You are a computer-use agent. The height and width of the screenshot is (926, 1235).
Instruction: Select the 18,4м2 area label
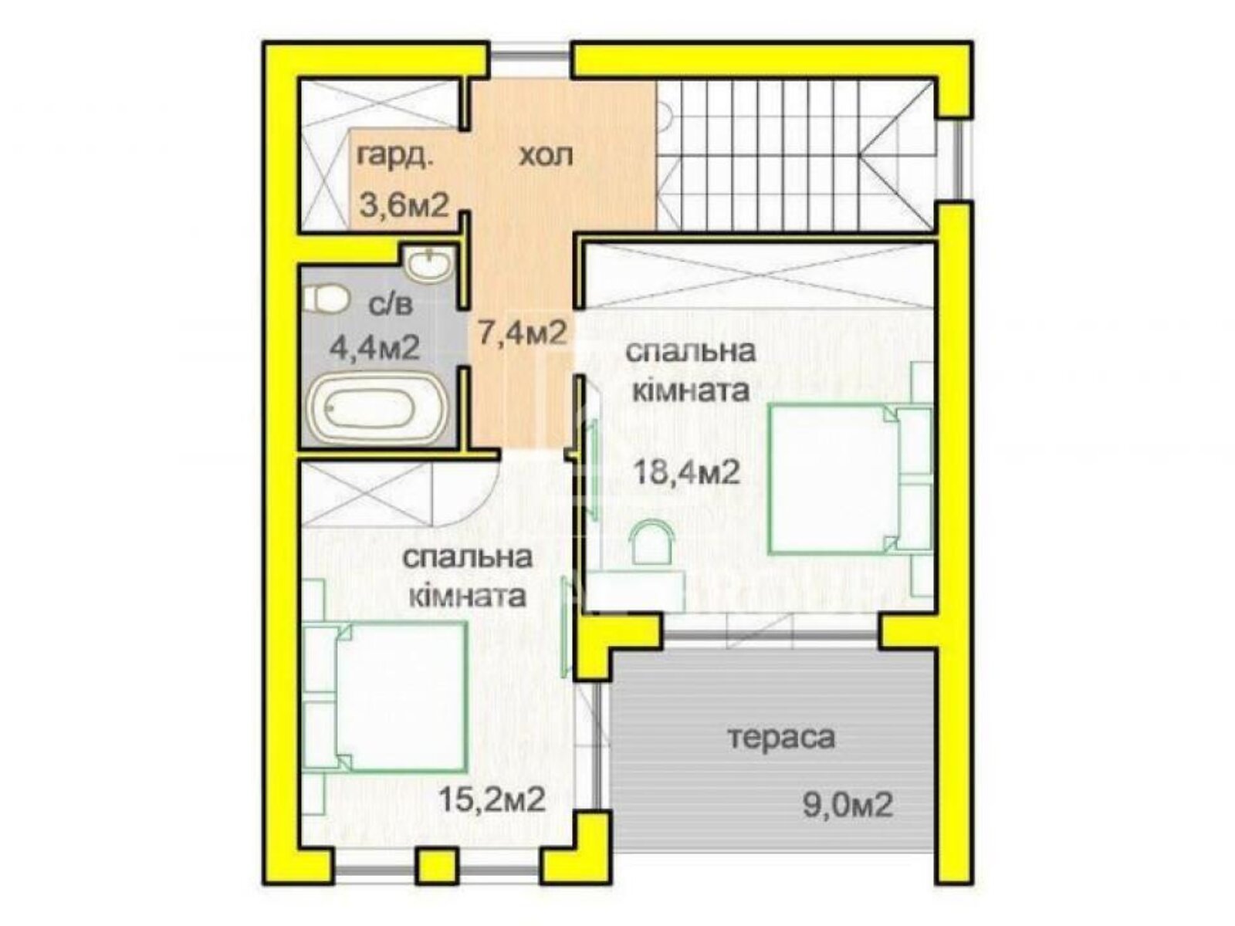coord(686,470)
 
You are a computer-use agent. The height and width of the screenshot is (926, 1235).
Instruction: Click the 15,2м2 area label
coord(492,799)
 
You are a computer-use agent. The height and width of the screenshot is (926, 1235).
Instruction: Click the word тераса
coord(781,738)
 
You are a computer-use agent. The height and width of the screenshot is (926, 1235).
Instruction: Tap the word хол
coord(546,156)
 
